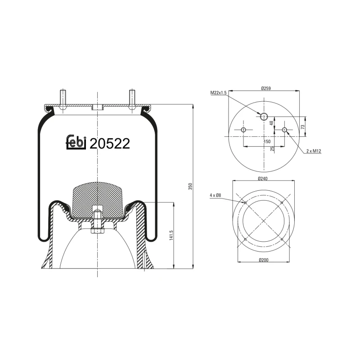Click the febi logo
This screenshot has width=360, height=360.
point(76,142)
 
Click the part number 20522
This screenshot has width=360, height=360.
point(110,144)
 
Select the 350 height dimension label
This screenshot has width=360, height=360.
point(190,186)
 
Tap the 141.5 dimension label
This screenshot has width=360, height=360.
point(171,235)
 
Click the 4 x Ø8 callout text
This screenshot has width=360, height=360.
point(216,195)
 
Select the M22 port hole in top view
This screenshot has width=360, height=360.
point(264,117)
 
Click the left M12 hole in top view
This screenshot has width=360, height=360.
point(243,130)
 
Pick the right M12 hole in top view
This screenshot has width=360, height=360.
point(284,130)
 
